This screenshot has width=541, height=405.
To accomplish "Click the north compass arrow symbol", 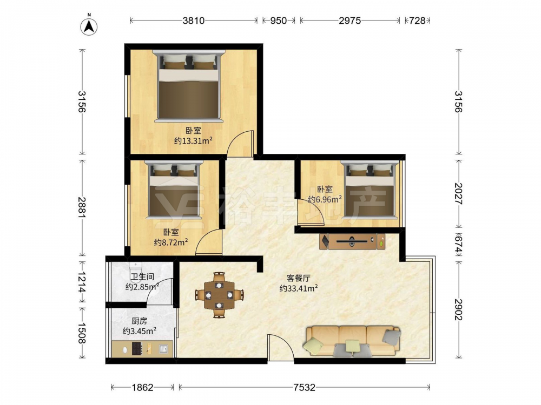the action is pyautogui.click(x=89, y=26).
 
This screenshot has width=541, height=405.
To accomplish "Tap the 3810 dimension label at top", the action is pyautogui.click(x=194, y=21).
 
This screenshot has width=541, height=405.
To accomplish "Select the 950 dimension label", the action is pyautogui.click(x=279, y=21).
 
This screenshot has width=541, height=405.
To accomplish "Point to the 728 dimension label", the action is pyautogui.click(x=418, y=21).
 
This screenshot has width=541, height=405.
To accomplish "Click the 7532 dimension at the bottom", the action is pyautogui.click(x=304, y=387).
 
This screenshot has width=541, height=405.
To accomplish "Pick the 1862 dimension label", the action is pyautogui.click(x=142, y=387).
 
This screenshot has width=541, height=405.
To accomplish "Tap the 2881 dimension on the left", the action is pyautogui.click(x=82, y=207).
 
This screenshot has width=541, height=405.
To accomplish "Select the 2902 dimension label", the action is pyautogui.click(x=459, y=309).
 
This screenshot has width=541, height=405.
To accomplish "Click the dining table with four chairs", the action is pyautogui.click(x=219, y=295).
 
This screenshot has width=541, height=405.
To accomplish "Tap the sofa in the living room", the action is pyautogui.click(x=352, y=341).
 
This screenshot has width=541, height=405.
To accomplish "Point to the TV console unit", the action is pyautogui.click(x=352, y=241).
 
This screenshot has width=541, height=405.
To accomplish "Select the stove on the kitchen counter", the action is pyautogui.click(x=137, y=349).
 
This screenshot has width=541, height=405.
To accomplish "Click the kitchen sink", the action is pyautogui.click(x=163, y=349).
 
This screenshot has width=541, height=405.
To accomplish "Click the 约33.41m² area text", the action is pyautogui.click(x=299, y=288).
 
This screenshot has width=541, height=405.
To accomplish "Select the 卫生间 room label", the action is pyautogui.click(x=142, y=276).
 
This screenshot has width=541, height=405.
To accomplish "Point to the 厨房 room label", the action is pyautogui.click(x=140, y=321).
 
